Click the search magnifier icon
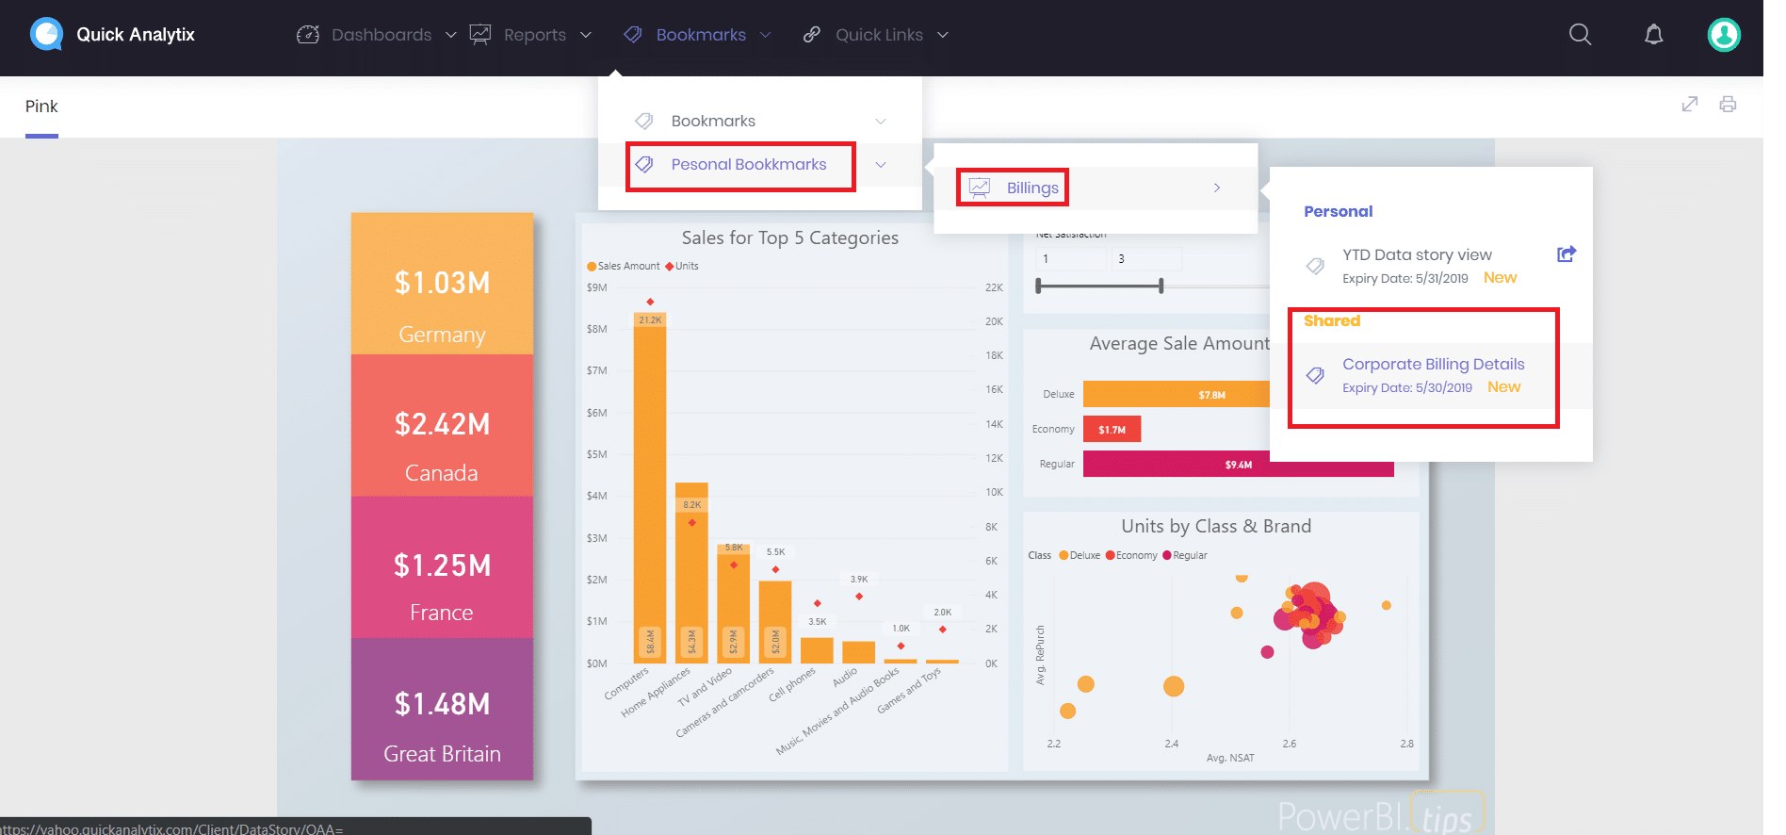coord(1580,35)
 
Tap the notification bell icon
coord(1653,35)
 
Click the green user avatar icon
coord(1723,35)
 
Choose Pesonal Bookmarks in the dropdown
coord(748,165)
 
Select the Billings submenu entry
coord(1031,188)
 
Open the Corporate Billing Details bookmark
coord(1432,365)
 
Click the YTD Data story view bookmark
coord(1416,255)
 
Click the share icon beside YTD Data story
coord(1566,254)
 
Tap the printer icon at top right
coord(1727,105)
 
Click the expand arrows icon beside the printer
coord(1689,105)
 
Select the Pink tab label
coord(41,106)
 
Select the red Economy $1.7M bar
coord(1112,429)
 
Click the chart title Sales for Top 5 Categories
coord(789,237)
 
